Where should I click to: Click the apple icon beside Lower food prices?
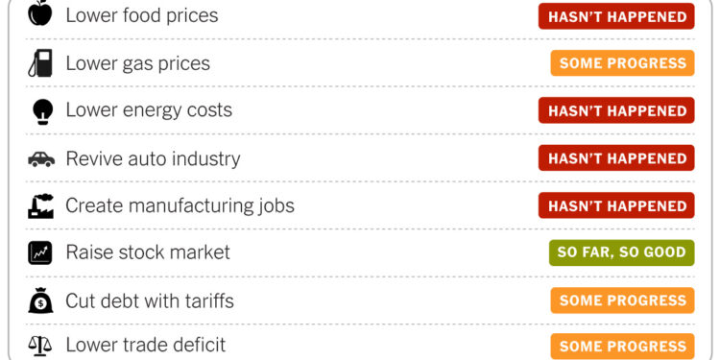(x=40, y=14)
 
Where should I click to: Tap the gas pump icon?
(x=40, y=63)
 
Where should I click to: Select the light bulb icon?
(x=40, y=110)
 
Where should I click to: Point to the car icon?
(x=40, y=158)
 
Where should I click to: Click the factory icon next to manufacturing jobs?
(x=40, y=205)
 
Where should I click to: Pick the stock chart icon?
(x=40, y=253)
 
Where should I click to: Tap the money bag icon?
(x=40, y=300)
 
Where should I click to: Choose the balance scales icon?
(x=40, y=345)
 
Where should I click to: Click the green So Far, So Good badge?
(x=621, y=252)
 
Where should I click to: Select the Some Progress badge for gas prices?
(x=622, y=63)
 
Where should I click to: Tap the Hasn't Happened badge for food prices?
(x=616, y=16)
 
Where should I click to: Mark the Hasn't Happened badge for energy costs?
(x=616, y=110)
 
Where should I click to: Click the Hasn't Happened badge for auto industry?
(x=616, y=158)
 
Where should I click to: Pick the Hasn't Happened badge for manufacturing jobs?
(x=616, y=205)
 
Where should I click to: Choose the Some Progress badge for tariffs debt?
(x=622, y=300)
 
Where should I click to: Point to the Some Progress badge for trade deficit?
(x=622, y=346)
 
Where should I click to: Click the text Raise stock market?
(x=148, y=253)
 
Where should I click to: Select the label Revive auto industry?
(x=153, y=158)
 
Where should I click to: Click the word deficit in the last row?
(x=197, y=345)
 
